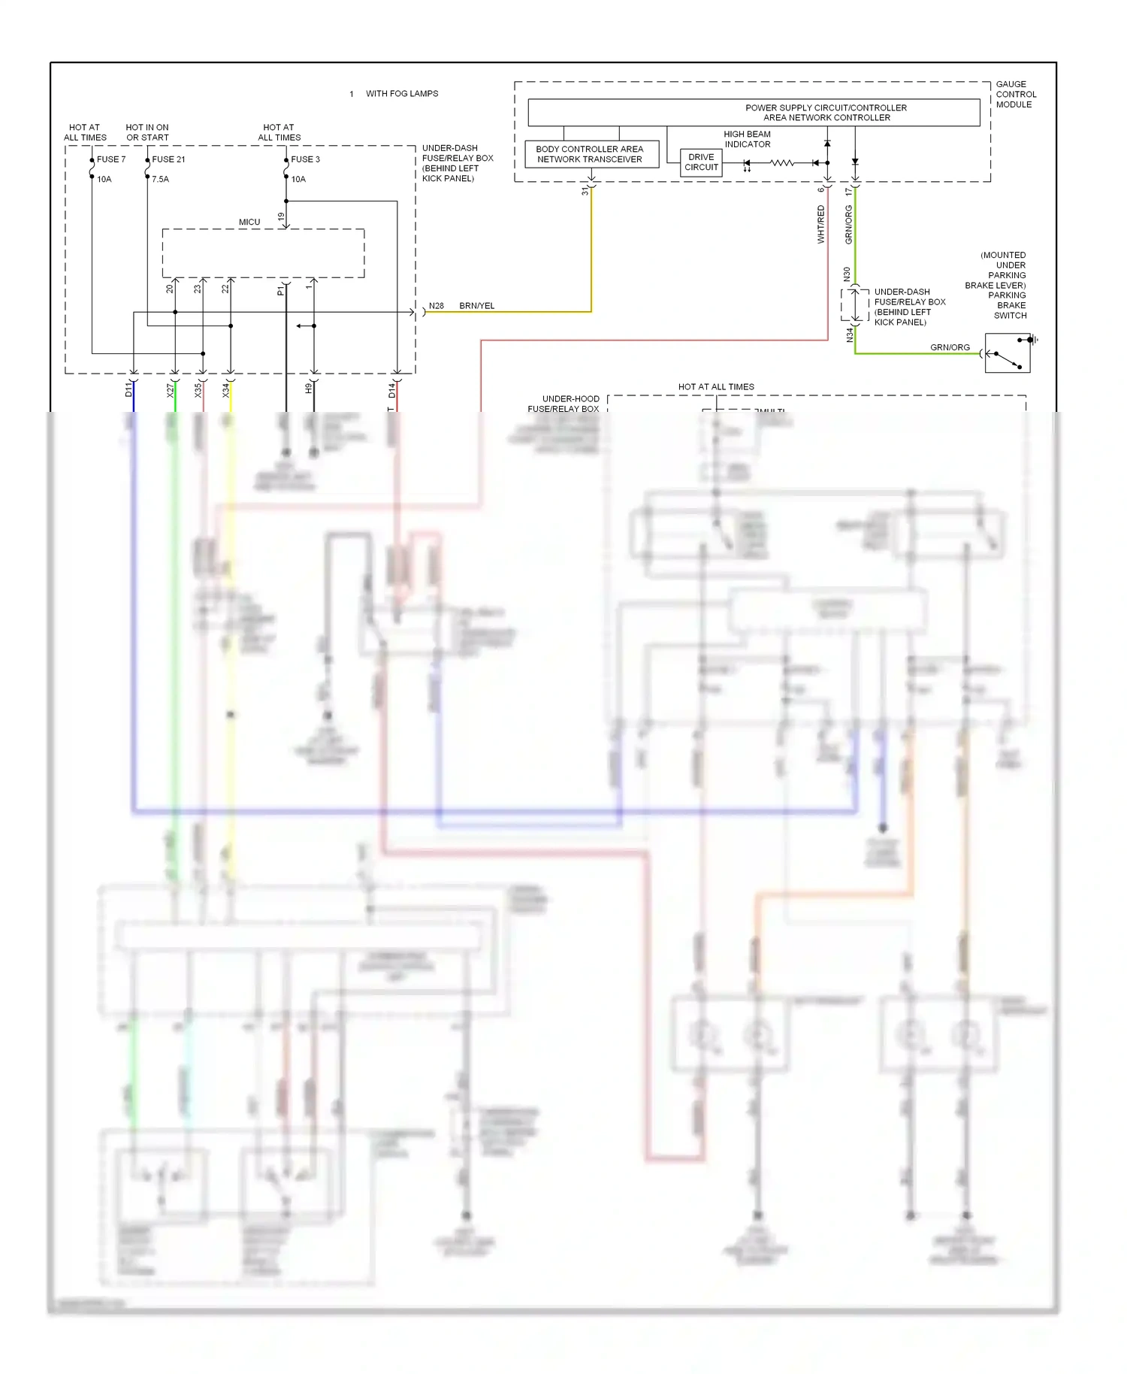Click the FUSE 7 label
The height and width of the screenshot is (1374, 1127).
110,159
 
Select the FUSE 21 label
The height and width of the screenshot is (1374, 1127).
168,159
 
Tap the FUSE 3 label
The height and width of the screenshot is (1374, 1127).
305,159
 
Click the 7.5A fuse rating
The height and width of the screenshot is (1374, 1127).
160,180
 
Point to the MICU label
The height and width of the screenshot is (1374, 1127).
249,222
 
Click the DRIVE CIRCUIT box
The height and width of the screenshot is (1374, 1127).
701,162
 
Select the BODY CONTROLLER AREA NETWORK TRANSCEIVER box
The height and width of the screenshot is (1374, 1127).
591,154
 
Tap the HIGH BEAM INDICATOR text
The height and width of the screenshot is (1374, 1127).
747,139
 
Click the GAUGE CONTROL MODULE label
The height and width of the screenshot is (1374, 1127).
1016,95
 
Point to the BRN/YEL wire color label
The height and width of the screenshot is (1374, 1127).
476,306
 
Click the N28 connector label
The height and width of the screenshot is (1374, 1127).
436,306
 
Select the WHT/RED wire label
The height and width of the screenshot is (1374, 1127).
820,224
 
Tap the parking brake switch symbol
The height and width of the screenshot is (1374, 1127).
1008,353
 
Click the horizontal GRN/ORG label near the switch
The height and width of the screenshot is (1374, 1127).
950,347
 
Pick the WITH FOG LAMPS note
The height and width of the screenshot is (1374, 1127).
401,94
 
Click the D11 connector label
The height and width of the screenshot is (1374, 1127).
128,389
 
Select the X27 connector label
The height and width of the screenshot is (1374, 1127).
170,389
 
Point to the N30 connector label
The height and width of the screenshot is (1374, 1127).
847,274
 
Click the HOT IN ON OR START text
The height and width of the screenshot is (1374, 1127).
147,132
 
